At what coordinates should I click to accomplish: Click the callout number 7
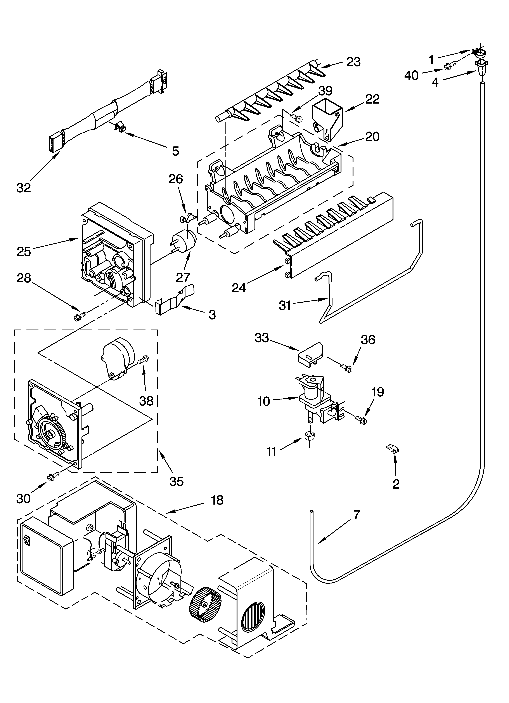pyautogui.click(x=357, y=515)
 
